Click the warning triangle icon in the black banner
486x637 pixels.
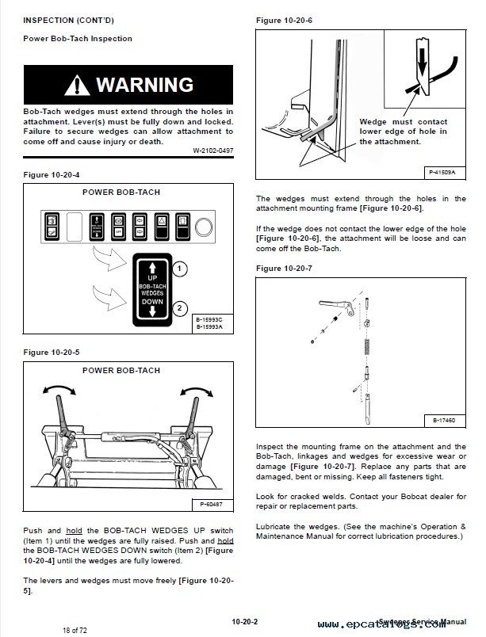coord(78,84)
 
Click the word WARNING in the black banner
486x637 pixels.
coord(144,84)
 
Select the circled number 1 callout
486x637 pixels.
coord(180,269)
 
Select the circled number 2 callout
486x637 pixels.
coord(180,308)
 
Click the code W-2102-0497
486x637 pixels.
coord(213,151)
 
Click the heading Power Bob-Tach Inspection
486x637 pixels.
coord(78,39)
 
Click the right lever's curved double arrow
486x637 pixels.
coord(197,390)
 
